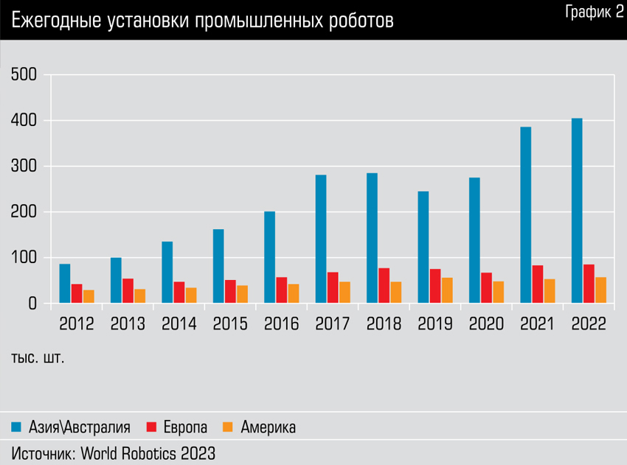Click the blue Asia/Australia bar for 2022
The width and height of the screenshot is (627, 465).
click(577, 211)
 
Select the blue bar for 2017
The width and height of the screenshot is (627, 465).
click(321, 239)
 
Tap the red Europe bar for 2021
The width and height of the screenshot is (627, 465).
click(538, 284)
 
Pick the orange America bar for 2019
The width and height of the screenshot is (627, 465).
click(447, 290)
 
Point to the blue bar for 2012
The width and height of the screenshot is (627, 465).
click(65, 284)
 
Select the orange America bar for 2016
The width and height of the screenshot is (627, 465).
click(294, 293)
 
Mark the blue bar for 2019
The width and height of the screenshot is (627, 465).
click(423, 248)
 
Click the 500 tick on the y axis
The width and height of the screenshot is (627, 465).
click(24, 75)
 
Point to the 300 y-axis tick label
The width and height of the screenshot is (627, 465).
click(24, 167)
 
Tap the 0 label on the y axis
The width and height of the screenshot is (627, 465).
click(32, 304)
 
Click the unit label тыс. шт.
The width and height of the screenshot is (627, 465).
click(38, 359)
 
